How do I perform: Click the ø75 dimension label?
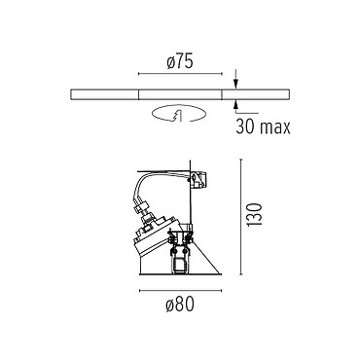point(180,61)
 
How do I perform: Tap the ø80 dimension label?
point(180,305)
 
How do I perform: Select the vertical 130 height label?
point(255,215)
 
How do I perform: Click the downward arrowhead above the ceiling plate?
point(236,84)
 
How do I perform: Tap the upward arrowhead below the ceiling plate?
point(236,104)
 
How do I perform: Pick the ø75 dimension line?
point(180,74)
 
